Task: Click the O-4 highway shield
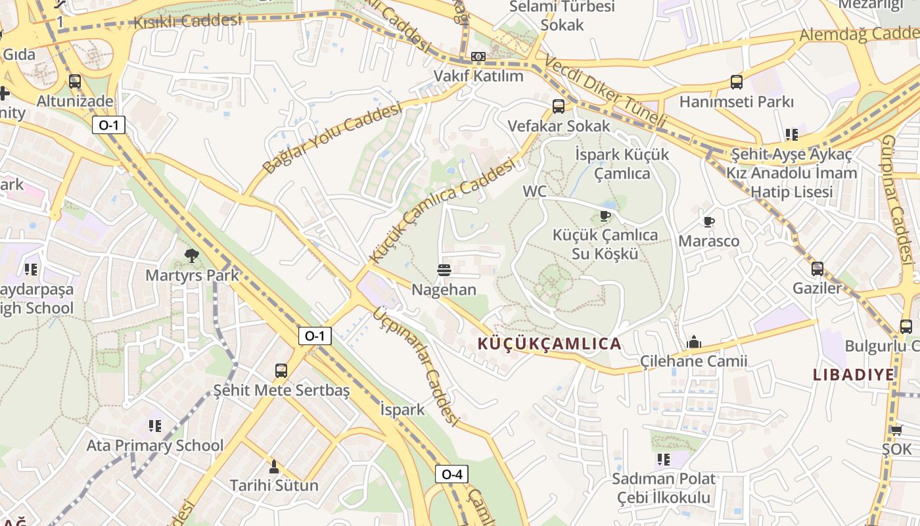[x=452, y=474]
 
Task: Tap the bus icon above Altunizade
[x=75, y=82]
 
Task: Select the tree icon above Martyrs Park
[x=192, y=255]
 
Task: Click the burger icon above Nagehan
[x=444, y=270]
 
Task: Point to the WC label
[x=534, y=191]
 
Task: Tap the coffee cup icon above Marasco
[x=708, y=222]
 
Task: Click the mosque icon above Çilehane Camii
[x=693, y=342]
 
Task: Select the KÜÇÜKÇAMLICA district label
[x=549, y=344]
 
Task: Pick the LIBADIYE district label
[x=854, y=375]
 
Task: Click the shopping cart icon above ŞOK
[x=897, y=430]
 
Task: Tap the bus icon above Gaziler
[x=817, y=268]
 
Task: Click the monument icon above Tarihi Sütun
[x=273, y=467]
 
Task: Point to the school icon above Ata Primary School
[x=155, y=426]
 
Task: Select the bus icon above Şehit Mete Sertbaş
[x=281, y=370]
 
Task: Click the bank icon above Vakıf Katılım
[x=478, y=57]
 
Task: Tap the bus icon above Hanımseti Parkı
[x=737, y=82]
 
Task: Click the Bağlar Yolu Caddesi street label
[x=332, y=138]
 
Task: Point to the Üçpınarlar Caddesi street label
[x=415, y=366]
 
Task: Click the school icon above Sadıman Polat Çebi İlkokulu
[x=664, y=459]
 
